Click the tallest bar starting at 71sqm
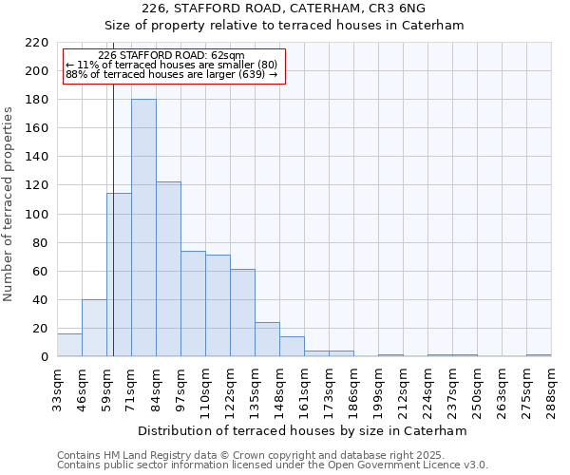143,228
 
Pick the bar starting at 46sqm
94,329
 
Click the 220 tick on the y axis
36,43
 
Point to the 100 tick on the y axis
36,214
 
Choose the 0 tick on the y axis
44,357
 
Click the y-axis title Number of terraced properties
9,204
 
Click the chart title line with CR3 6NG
283,9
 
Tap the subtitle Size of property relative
283,26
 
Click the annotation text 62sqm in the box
171,56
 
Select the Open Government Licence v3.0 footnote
273,465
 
